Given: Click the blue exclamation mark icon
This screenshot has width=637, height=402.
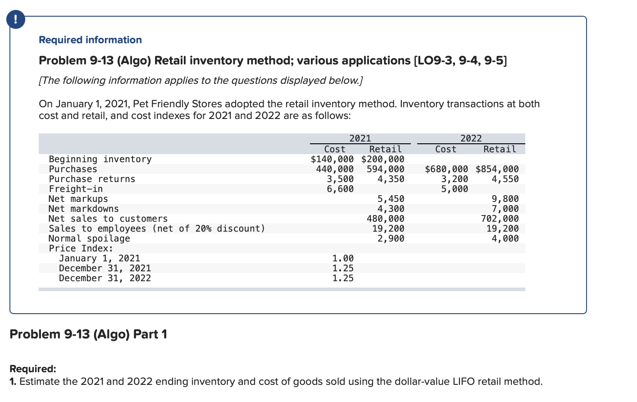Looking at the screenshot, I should (x=16, y=20).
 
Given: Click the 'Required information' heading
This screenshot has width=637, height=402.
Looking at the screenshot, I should (x=90, y=40).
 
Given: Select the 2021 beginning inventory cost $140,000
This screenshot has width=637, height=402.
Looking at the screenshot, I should (x=332, y=159).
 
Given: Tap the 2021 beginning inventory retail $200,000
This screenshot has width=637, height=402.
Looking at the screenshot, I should (x=382, y=159).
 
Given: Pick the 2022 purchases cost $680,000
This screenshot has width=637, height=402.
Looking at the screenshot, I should (x=446, y=169).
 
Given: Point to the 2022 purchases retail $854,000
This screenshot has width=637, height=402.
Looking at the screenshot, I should (x=497, y=169).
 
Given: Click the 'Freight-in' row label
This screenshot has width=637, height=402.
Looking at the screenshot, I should (x=76, y=189).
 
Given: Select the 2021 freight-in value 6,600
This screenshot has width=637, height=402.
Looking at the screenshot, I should (x=340, y=189).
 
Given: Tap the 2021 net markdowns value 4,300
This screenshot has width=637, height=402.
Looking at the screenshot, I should (x=391, y=209).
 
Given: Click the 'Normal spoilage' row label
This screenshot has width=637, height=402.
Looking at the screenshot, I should (x=89, y=238).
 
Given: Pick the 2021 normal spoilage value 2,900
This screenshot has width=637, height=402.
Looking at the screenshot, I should (x=391, y=238).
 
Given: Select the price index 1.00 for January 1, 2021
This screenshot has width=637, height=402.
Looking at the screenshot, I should (x=343, y=258).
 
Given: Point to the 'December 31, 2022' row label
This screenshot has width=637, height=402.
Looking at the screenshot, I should (x=105, y=278).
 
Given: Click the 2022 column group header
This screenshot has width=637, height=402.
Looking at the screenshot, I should (x=471, y=138).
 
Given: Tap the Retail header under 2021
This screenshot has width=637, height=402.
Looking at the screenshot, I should (x=385, y=149).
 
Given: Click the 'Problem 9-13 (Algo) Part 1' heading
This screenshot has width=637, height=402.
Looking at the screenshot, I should (x=88, y=334).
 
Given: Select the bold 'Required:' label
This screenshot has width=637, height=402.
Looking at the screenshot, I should (x=33, y=369).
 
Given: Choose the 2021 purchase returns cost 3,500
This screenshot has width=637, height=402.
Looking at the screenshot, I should (x=340, y=179).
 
